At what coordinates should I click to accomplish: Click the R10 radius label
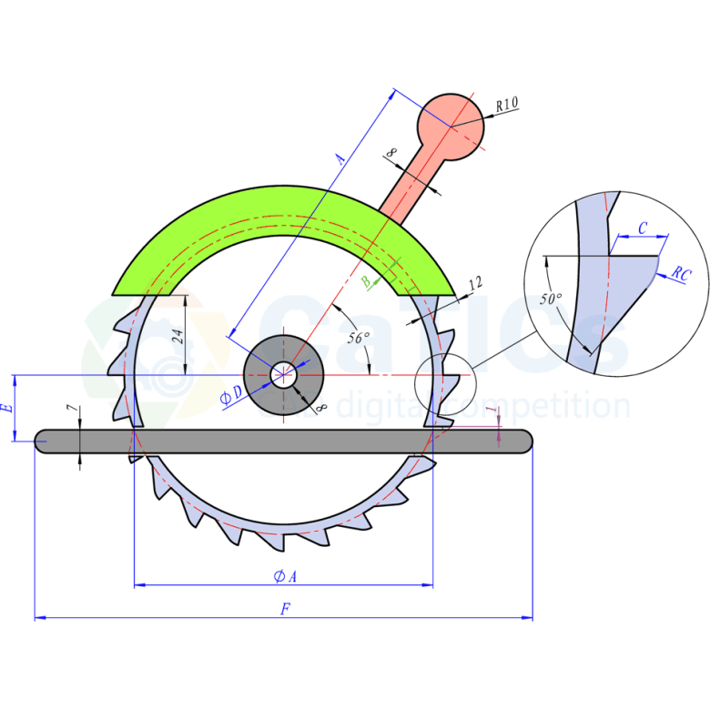click(x=507, y=105)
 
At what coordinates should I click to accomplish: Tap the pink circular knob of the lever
click(x=451, y=127)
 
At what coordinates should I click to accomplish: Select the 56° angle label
click(x=358, y=338)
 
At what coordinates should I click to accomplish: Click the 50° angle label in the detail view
click(x=551, y=299)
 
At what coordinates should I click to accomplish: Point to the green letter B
click(x=366, y=282)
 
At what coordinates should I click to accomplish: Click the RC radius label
click(x=682, y=274)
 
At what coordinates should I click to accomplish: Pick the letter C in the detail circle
click(x=642, y=228)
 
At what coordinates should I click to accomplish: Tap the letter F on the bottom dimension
click(x=285, y=609)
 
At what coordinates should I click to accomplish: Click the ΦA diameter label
click(x=285, y=576)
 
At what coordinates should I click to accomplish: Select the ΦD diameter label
click(x=231, y=395)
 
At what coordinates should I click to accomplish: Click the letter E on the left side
click(x=7, y=408)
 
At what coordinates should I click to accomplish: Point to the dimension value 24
click(x=177, y=337)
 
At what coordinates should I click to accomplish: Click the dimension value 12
click(x=475, y=284)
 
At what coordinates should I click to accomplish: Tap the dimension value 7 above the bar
click(x=72, y=408)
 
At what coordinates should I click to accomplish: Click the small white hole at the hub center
click(x=283, y=375)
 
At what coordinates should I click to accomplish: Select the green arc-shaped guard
click(x=283, y=240)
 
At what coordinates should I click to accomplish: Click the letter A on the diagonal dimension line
click(x=340, y=158)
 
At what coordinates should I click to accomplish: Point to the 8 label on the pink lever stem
click(x=391, y=153)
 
